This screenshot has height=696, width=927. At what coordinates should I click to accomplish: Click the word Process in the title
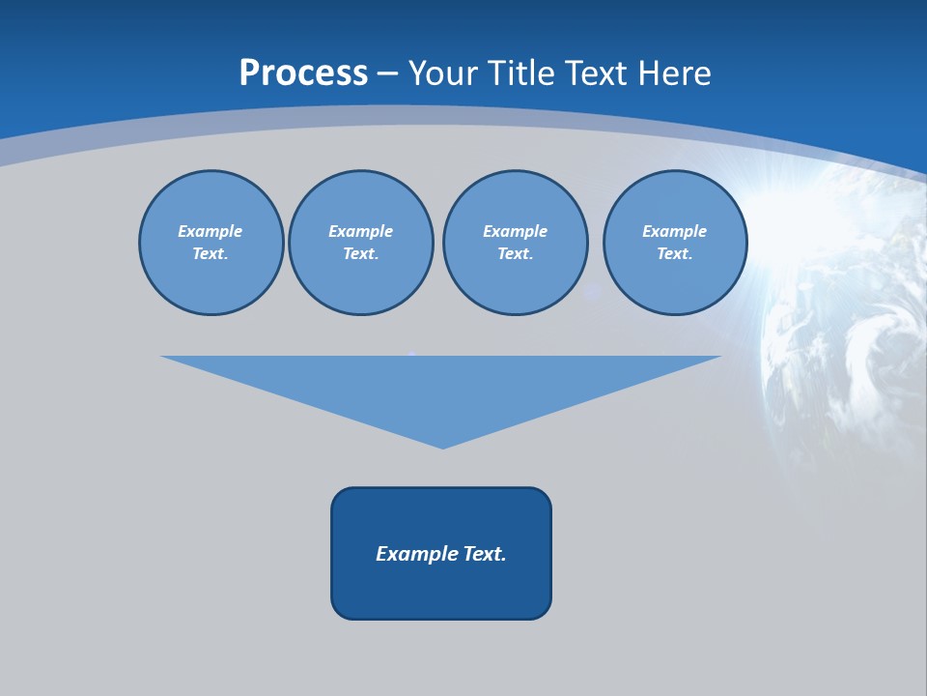[303, 72]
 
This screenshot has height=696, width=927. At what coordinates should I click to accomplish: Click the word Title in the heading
[522, 72]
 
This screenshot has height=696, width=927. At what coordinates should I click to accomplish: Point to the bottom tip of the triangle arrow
[442, 447]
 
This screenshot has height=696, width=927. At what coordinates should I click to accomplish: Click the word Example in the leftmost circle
[211, 231]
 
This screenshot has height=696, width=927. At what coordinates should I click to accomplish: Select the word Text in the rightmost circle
[673, 254]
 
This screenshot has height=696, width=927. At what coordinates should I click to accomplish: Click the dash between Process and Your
[387, 73]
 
